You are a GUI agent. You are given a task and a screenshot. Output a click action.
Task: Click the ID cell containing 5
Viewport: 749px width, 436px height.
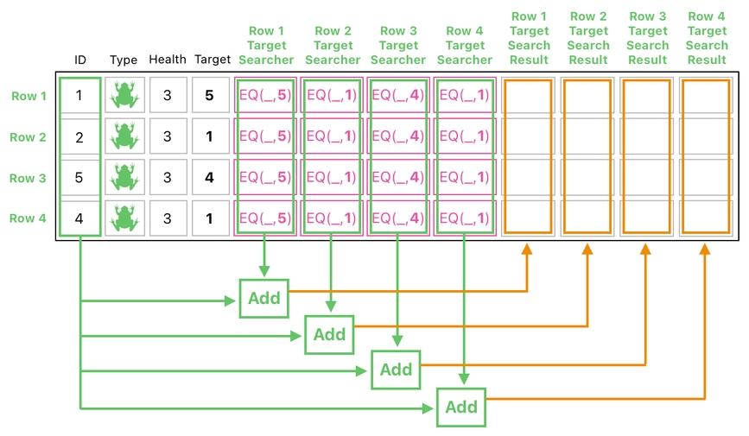[x=79, y=178]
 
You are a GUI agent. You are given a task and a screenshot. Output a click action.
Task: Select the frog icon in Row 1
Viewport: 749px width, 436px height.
[x=124, y=96]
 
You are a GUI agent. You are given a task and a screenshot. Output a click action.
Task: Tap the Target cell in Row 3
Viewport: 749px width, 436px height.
[x=209, y=178]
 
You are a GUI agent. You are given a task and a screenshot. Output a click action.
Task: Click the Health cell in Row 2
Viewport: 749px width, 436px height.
[x=167, y=137]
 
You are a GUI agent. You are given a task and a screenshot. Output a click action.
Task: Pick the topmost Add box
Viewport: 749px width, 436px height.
[x=263, y=298]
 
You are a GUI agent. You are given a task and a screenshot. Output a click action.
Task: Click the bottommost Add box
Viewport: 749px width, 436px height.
[x=460, y=406]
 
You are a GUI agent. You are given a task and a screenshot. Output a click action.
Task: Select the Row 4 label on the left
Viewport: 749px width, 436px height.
[x=28, y=218]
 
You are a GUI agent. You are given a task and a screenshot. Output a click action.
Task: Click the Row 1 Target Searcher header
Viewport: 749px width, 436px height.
[x=266, y=45]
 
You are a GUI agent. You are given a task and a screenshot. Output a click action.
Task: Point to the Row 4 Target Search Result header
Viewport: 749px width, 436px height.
[x=707, y=38]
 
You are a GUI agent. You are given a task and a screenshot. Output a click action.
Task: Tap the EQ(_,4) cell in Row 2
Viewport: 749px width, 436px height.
[x=398, y=136]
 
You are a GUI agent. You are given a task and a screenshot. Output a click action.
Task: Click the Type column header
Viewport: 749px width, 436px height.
[x=124, y=60]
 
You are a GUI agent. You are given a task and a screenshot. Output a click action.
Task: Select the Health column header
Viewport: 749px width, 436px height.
[x=167, y=60]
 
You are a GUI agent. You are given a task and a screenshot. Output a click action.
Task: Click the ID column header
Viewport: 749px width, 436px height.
[x=80, y=60]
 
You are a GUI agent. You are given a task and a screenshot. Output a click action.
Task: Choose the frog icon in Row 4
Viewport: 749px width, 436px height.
[x=124, y=218]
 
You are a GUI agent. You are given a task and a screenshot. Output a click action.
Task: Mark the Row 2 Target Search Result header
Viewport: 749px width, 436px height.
[x=588, y=38]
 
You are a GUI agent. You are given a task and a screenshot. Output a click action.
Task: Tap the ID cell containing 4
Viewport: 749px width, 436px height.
[x=79, y=218]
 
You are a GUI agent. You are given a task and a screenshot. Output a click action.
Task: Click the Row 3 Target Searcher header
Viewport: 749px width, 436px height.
[x=398, y=45]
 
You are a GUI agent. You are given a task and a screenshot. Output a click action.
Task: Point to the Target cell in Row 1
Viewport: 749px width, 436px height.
[x=209, y=96]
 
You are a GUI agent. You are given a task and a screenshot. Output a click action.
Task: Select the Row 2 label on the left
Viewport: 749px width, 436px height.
[x=28, y=137]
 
